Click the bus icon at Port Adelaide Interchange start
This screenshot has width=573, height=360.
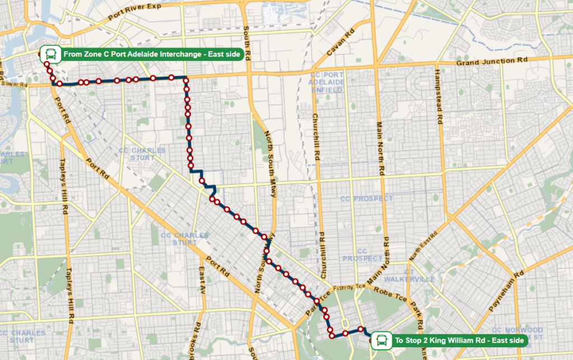50,54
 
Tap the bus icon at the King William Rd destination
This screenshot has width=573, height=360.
382,340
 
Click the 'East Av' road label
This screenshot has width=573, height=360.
202,280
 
